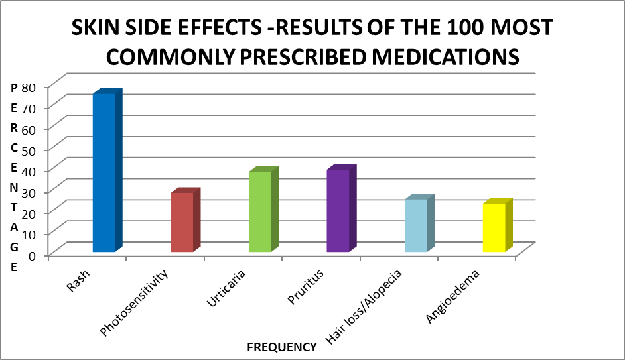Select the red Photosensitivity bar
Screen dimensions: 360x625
[x=182, y=221]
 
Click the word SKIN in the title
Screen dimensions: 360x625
[x=98, y=28]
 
